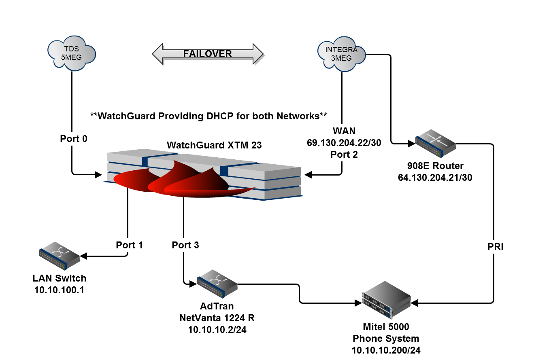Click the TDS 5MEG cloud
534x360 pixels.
(71, 53)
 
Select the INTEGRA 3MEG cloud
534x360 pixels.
(341, 54)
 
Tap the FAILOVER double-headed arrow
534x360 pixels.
(208, 54)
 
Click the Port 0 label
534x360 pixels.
(74, 139)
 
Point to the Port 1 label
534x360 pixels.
(129, 245)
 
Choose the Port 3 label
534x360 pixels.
(185, 245)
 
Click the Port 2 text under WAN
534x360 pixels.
(344, 154)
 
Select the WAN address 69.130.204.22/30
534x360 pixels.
(344, 143)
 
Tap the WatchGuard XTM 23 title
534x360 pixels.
(214, 145)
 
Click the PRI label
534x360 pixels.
(495, 247)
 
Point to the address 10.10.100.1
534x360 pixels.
(60, 290)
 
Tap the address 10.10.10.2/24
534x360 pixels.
(217, 330)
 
